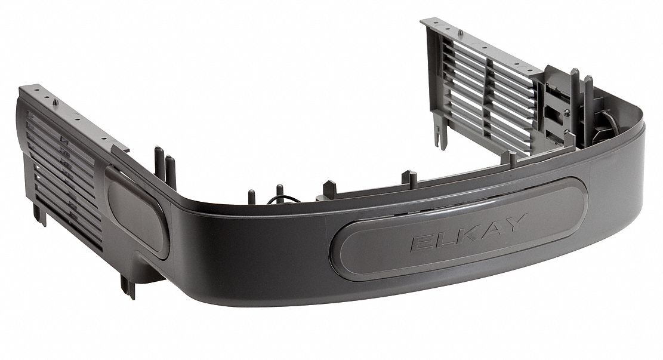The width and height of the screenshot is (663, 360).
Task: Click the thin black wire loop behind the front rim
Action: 279,189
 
